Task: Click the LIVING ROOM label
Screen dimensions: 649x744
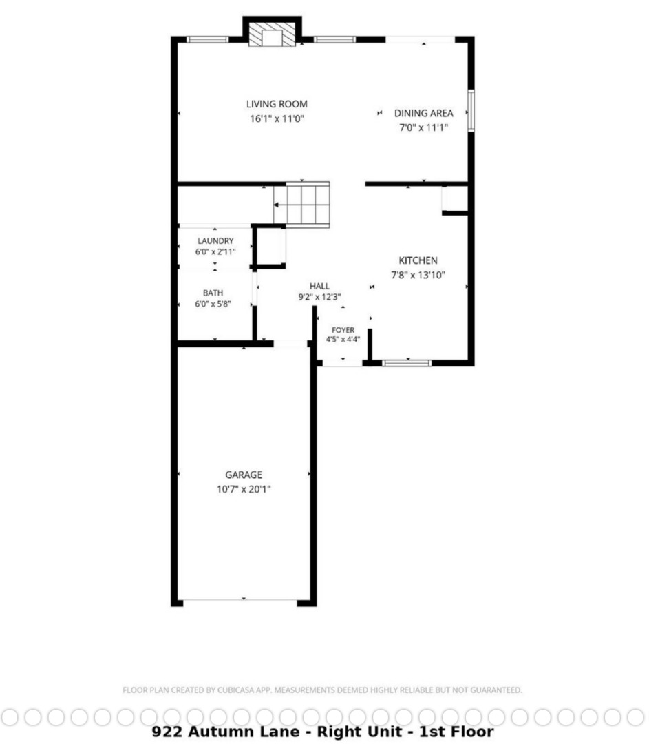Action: [277, 104]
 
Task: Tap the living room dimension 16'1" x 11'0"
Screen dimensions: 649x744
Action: [277, 118]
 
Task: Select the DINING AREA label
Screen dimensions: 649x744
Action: [424, 113]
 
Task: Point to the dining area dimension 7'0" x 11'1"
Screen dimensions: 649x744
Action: [424, 127]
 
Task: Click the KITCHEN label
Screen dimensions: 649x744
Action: [418, 260]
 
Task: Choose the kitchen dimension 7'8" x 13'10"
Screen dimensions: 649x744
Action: [418, 275]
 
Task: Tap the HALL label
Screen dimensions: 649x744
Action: [319, 286]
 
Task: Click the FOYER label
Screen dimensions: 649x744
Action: [343, 330]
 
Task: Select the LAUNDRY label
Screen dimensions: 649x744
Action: [215, 241]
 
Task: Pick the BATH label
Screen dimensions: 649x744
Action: [213, 293]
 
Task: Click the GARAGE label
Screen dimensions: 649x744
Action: [244, 475]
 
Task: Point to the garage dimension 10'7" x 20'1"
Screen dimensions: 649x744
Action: [244, 489]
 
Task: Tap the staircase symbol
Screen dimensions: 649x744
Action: [301, 205]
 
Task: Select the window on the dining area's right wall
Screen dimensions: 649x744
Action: [471, 110]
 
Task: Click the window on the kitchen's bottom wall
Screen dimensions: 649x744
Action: [407, 363]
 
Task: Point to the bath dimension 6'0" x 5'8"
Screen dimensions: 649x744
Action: [213, 304]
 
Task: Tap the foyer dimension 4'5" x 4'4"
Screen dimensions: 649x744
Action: [343, 339]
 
